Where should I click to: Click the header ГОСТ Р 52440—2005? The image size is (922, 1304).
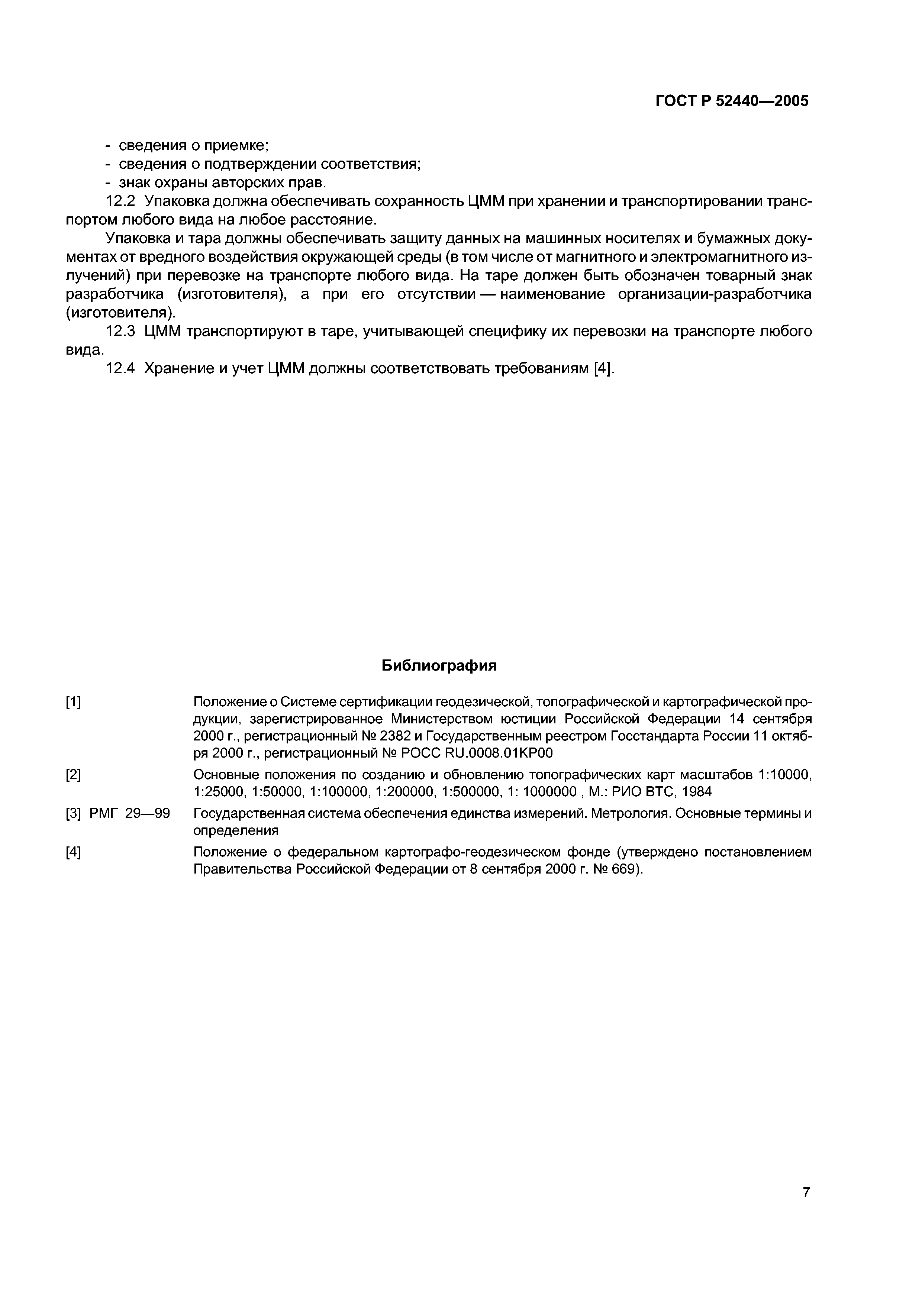pyautogui.click(x=732, y=101)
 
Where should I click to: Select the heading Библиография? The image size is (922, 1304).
pyautogui.click(x=439, y=666)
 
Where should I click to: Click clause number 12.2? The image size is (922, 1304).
pyautogui.click(x=121, y=201)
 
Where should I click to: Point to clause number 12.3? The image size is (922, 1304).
pyautogui.click(x=121, y=331)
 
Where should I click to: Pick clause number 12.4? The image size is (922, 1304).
pyautogui.click(x=121, y=369)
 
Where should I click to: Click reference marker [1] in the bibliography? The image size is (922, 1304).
pyautogui.click(x=73, y=703)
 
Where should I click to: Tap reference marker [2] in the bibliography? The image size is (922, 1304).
pyautogui.click(x=73, y=775)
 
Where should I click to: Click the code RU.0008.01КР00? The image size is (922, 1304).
pyautogui.click(x=500, y=753)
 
